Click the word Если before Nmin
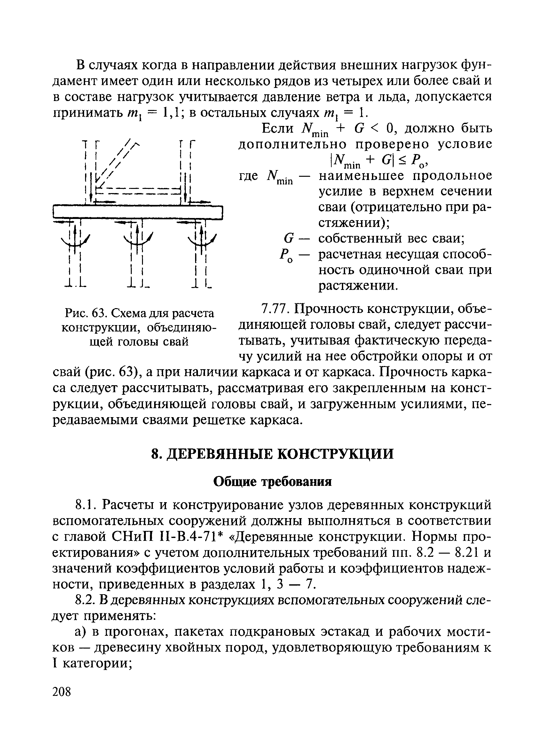(278, 128)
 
